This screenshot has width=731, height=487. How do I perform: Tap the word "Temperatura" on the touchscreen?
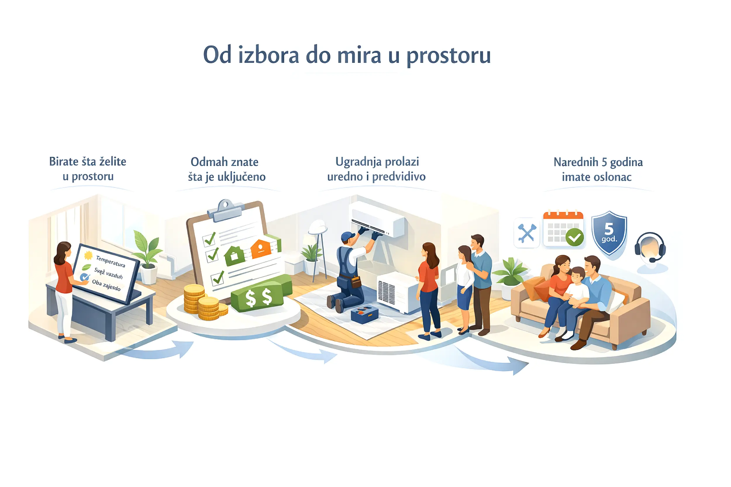[x=110, y=261]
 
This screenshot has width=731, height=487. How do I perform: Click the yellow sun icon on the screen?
[x=88, y=256]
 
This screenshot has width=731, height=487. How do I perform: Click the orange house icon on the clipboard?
[x=261, y=249]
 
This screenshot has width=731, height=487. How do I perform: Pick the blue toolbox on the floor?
[x=365, y=314]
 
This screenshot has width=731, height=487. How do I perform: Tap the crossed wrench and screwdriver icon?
[x=527, y=233]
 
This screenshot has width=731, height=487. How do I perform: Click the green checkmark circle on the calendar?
[x=574, y=237]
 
